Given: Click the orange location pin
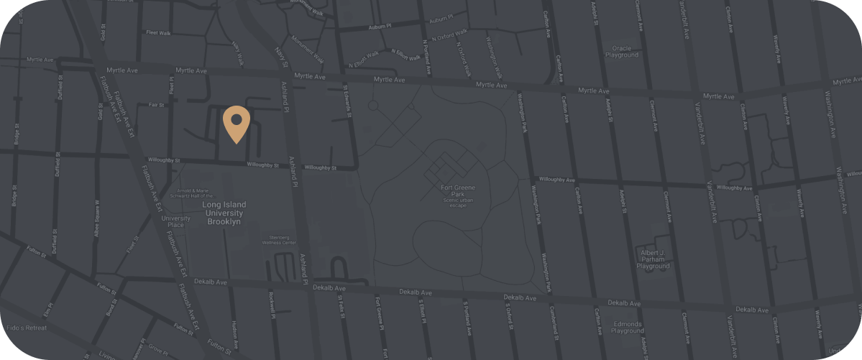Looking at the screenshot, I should (x=236, y=124).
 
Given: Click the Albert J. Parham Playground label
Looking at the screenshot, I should (x=653, y=259).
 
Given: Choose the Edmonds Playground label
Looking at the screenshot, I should (x=627, y=327).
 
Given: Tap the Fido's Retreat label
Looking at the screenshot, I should (x=26, y=328).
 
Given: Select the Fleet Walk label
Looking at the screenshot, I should (x=157, y=32).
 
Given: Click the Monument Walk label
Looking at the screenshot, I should (x=308, y=54).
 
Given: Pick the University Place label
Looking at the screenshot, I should (x=175, y=221).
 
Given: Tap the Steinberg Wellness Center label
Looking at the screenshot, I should (x=279, y=239).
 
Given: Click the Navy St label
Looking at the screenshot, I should (x=280, y=55).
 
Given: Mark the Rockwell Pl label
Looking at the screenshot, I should (x=272, y=305).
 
